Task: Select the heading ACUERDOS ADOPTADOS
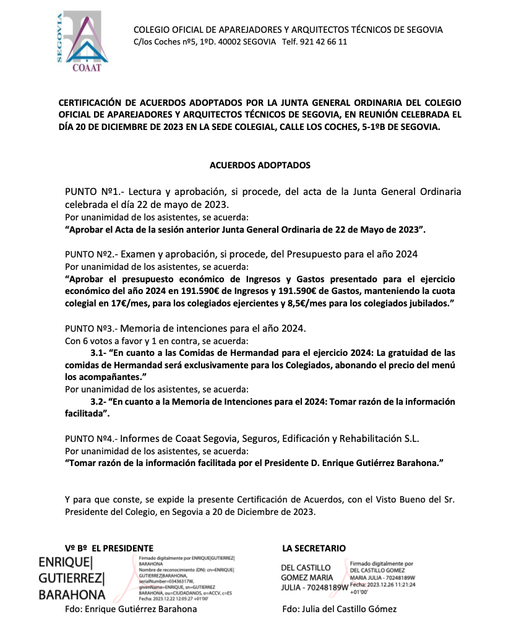[x=260, y=165]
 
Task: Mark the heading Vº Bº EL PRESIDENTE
[x=109, y=548]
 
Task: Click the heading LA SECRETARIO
[x=314, y=548]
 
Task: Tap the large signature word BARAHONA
[x=72, y=595]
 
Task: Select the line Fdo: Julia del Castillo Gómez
[x=339, y=609]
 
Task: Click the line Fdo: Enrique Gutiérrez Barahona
[x=131, y=609]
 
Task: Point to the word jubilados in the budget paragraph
[x=423, y=304]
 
